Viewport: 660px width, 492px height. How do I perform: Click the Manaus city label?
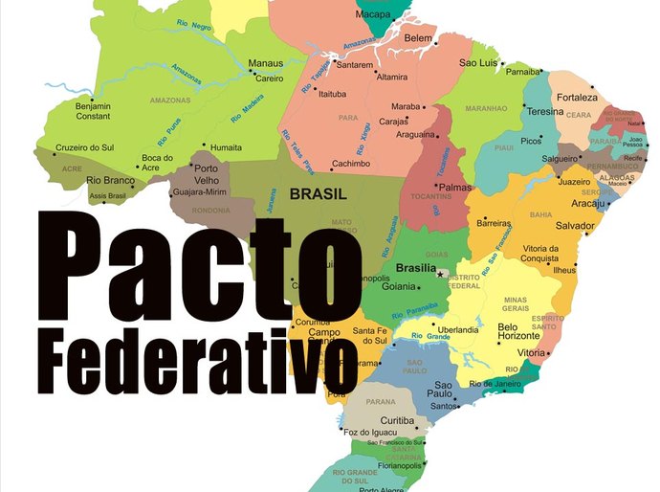coord(266,63)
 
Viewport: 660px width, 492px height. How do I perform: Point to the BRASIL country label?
coord(317,192)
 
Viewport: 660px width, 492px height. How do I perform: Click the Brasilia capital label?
coord(416,268)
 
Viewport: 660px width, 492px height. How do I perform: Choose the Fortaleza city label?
coord(578,98)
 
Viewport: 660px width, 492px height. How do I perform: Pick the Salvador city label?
coord(576,226)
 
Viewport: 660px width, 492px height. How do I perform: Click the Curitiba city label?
coord(397,420)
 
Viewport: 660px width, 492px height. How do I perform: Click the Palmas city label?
coord(455,188)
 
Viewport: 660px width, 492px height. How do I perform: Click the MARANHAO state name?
coord(486,109)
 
